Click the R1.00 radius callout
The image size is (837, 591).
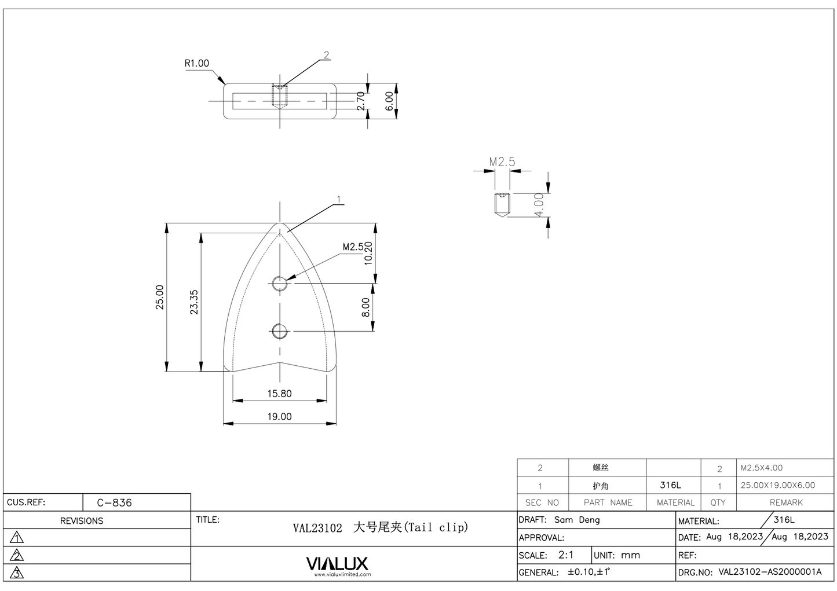tap(197, 64)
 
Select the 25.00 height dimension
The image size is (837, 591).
tap(160, 297)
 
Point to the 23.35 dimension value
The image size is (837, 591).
tap(195, 302)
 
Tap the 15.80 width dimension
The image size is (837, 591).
tap(279, 394)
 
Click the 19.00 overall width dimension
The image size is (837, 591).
tap(279, 417)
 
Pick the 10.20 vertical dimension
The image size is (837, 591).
tap(368, 254)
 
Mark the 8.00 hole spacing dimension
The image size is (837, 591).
tap(366, 307)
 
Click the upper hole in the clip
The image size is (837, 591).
tap(280, 284)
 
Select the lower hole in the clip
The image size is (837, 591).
tap(280, 332)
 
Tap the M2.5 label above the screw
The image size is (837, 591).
tap(502, 162)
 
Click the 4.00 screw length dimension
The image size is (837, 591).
tap(539, 205)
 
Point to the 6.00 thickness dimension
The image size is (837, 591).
tap(390, 101)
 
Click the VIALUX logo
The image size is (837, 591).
tap(337, 563)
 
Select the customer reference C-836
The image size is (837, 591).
tap(114, 502)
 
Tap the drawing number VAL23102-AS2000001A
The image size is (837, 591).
tap(770, 572)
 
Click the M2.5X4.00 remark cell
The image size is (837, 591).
tap(761, 468)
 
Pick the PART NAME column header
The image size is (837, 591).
tap(608, 502)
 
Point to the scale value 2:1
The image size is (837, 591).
tap(566, 555)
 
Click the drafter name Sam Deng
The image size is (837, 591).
tap(577, 520)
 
